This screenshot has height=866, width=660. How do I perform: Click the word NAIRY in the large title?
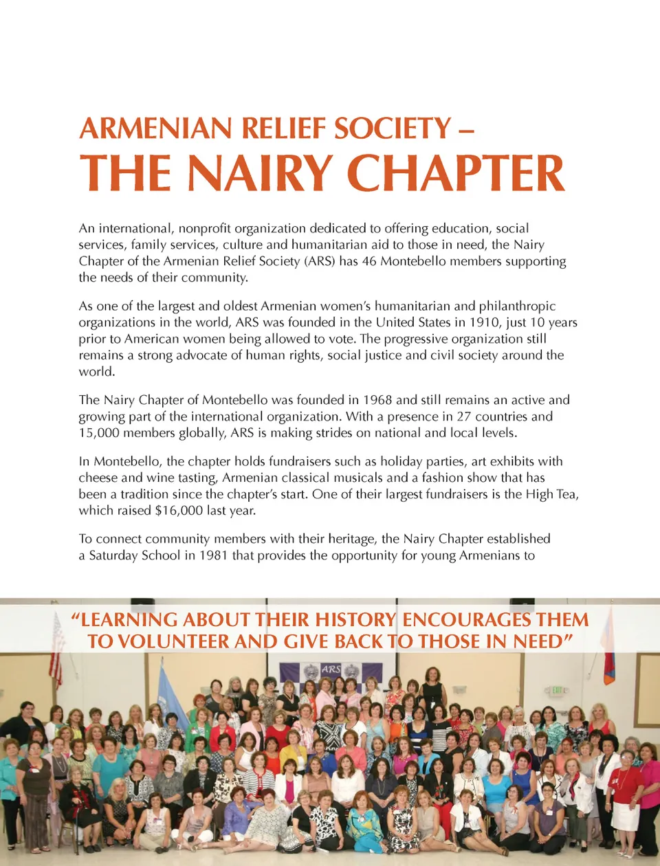[261, 173]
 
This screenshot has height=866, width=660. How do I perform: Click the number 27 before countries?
[464, 417]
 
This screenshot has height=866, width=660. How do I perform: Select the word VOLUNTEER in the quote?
[173, 642]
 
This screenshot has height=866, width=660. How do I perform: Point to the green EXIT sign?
[557, 690]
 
